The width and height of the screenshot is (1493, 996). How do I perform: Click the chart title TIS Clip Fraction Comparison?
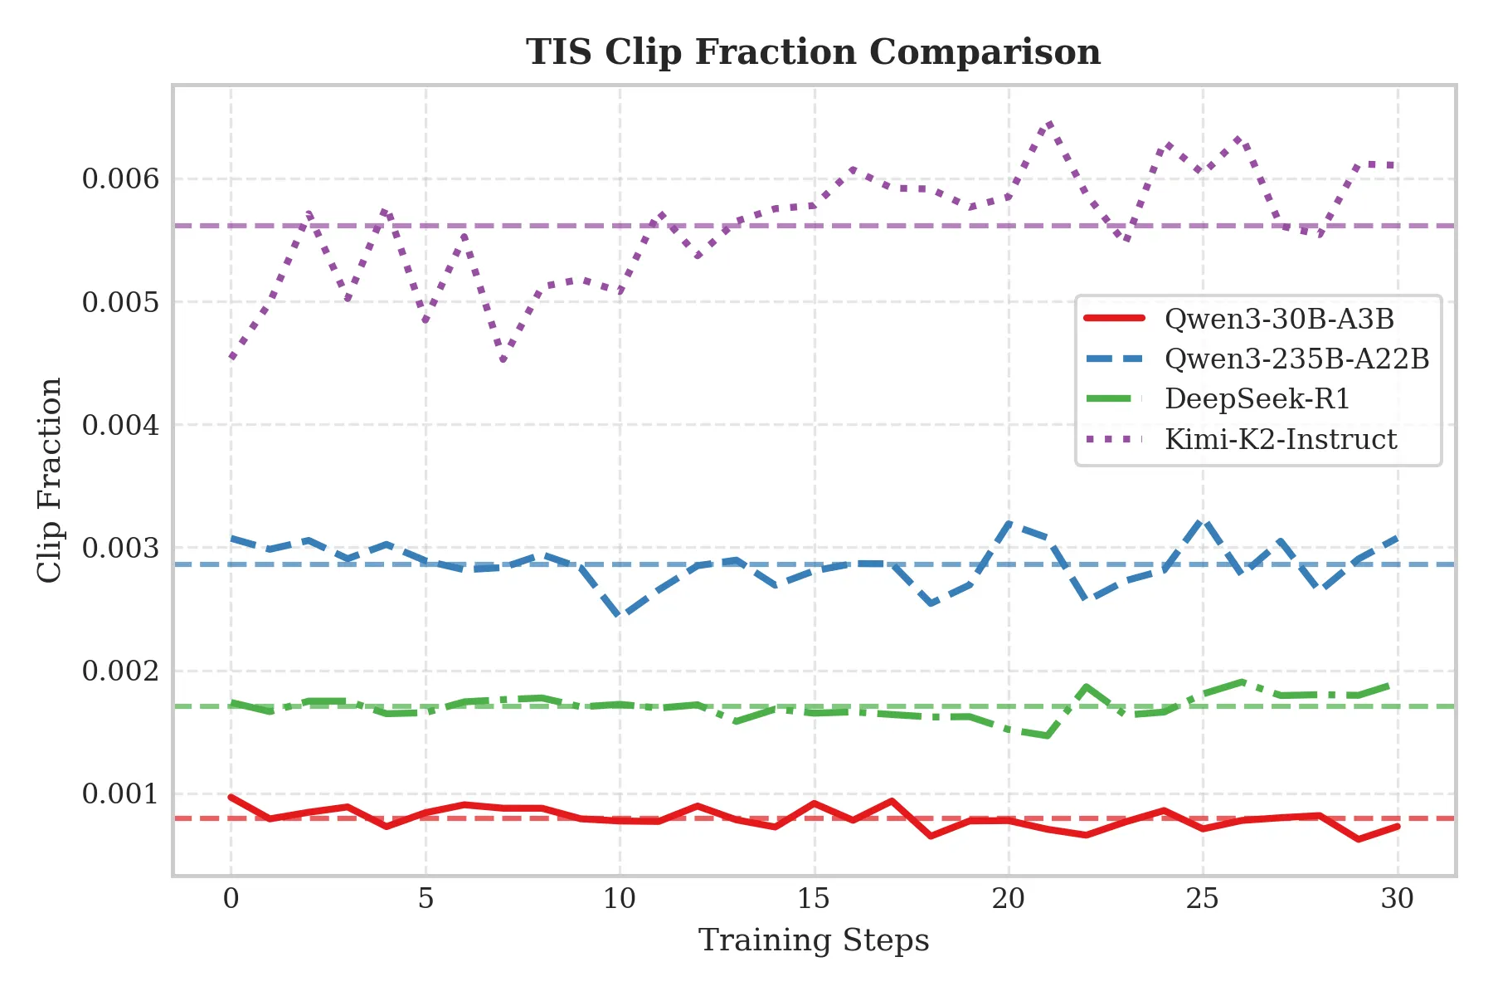(813, 52)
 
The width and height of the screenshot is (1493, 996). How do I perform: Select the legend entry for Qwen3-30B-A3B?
(1279, 320)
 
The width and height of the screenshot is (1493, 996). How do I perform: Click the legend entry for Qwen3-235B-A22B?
(1296, 359)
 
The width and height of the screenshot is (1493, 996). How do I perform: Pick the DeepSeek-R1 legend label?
(1257, 399)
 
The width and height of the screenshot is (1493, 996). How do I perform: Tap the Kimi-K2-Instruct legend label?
(1280, 439)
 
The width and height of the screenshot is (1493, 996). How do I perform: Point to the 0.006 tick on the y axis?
(120, 178)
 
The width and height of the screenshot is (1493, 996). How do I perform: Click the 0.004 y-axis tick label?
(120, 425)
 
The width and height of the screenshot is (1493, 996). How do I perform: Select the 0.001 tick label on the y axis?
(120, 794)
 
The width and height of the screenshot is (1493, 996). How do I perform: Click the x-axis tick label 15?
(814, 899)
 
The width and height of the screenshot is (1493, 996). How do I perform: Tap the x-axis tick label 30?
(1397, 899)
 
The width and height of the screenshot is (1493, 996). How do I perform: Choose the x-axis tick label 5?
(426, 899)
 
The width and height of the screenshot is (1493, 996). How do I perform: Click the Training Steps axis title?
(813, 940)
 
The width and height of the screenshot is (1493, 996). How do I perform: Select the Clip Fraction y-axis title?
(51, 480)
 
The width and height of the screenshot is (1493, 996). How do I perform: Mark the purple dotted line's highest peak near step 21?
(1049, 124)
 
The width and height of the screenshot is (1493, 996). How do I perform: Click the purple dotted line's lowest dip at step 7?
(503, 360)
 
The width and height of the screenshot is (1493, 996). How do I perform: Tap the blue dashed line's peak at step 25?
(1203, 520)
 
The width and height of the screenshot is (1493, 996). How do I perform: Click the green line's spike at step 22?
(1087, 686)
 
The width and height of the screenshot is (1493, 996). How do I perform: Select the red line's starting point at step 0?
(231, 797)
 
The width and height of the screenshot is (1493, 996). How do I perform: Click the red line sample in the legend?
(1114, 319)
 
